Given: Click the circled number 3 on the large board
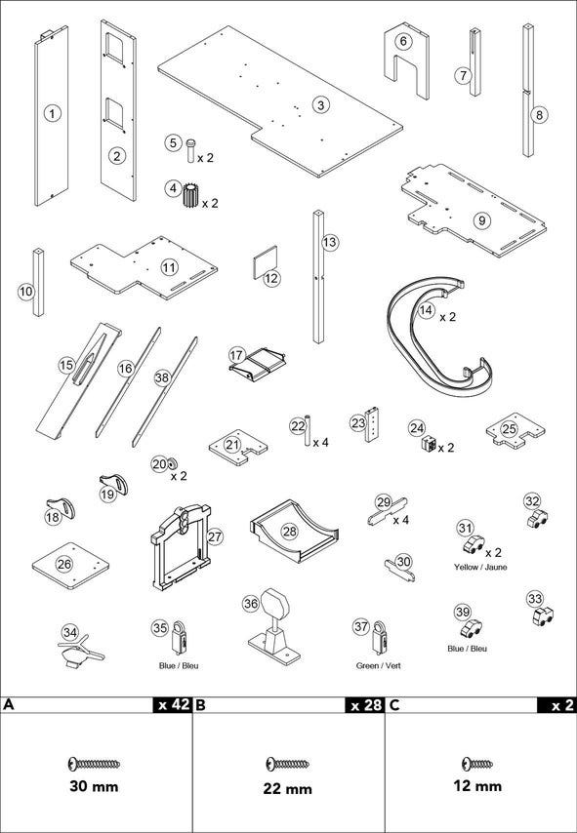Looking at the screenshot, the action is (320, 104).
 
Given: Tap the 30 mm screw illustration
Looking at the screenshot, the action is (94, 764).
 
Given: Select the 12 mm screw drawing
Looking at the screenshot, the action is (477, 764).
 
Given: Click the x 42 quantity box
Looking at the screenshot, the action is (172, 704).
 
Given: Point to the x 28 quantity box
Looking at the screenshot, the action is (365, 704).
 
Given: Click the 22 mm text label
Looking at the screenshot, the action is (287, 788).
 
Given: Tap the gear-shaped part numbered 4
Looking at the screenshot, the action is (189, 195).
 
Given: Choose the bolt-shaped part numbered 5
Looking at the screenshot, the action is (191, 150).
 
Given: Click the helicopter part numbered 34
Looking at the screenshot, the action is (80, 651).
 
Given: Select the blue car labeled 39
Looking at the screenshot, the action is (471, 629).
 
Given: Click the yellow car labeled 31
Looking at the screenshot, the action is (474, 543).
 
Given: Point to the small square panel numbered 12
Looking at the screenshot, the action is (265, 262).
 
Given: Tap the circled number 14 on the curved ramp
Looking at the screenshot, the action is (425, 311).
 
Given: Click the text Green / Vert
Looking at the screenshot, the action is (378, 665).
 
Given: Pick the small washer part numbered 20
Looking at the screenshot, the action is (172, 464).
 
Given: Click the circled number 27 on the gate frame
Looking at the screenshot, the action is (214, 536).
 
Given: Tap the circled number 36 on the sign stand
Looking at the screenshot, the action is (252, 603).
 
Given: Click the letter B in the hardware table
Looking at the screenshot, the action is (200, 705).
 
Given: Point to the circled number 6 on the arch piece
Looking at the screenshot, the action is (403, 41).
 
